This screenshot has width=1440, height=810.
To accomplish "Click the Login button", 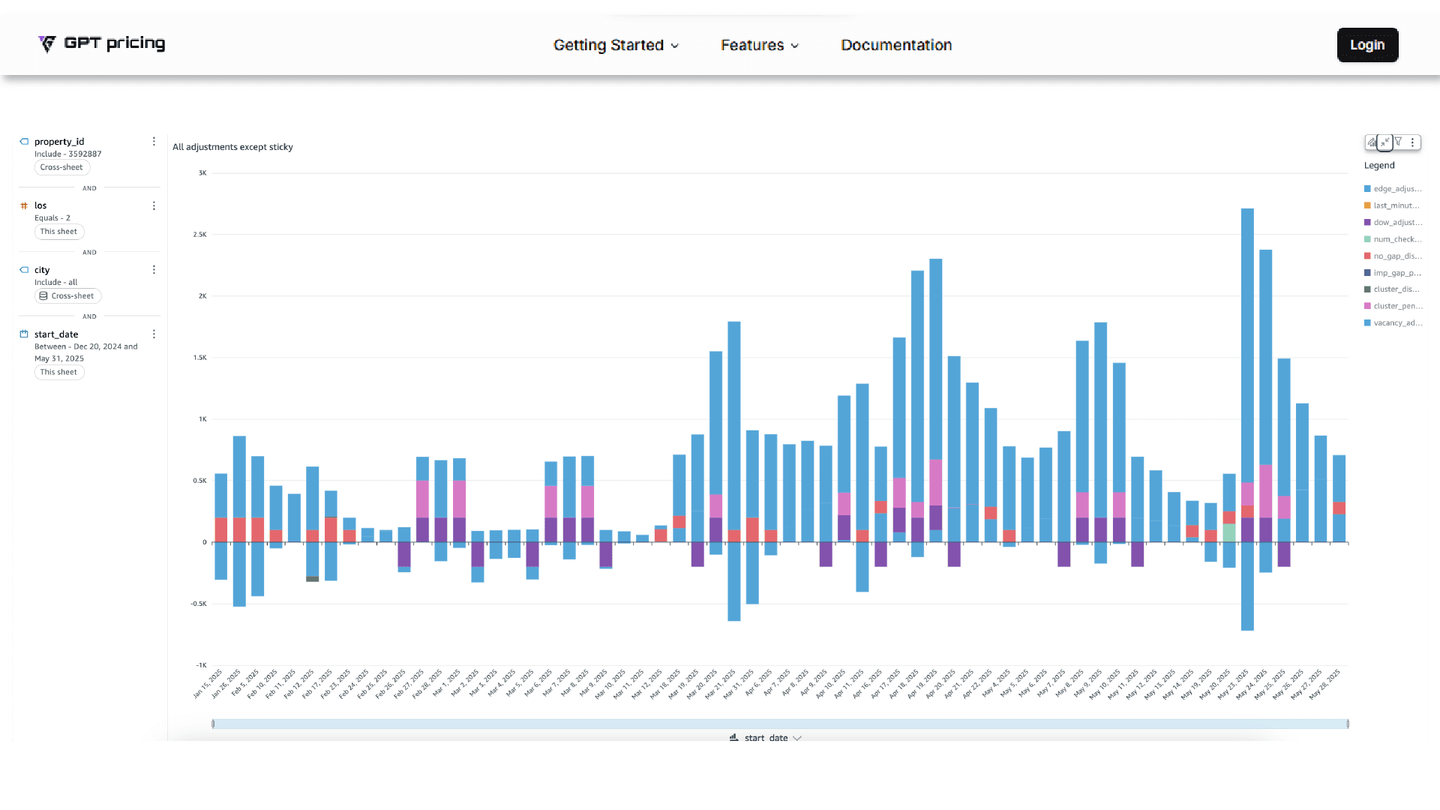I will tap(1367, 45).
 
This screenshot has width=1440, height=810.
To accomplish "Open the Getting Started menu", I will tap(616, 45).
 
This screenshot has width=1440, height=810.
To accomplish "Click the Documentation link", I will tap(896, 45).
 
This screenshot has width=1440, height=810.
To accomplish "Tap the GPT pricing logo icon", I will tap(47, 44).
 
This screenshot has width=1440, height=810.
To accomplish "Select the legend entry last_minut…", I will tap(1396, 205).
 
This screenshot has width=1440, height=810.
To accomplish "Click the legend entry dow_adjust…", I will tap(1396, 223).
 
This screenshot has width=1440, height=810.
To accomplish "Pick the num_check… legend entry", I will tap(1396, 239).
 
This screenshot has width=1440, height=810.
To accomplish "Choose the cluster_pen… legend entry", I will tap(1396, 306).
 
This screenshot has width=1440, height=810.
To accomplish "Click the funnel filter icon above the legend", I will tap(1399, 142).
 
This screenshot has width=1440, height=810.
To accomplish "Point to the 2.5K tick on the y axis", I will tap(199, 235).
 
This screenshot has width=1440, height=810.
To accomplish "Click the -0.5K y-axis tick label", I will tap(198, 604).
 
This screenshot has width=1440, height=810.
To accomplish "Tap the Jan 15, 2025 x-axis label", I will tap(208, 683).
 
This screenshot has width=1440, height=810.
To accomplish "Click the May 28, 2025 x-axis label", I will tap(1325, 683).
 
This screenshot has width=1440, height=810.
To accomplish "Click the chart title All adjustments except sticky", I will tap(232, 147).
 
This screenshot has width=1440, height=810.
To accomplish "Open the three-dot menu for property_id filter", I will tap(154, 142).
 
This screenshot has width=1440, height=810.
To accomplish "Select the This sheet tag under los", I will tap(58, 232).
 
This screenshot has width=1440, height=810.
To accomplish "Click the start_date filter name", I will tap(56, 334).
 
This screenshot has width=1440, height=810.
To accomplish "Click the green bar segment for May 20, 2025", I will tap(1229, 533).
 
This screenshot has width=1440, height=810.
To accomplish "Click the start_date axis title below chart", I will tap(766, 738).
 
